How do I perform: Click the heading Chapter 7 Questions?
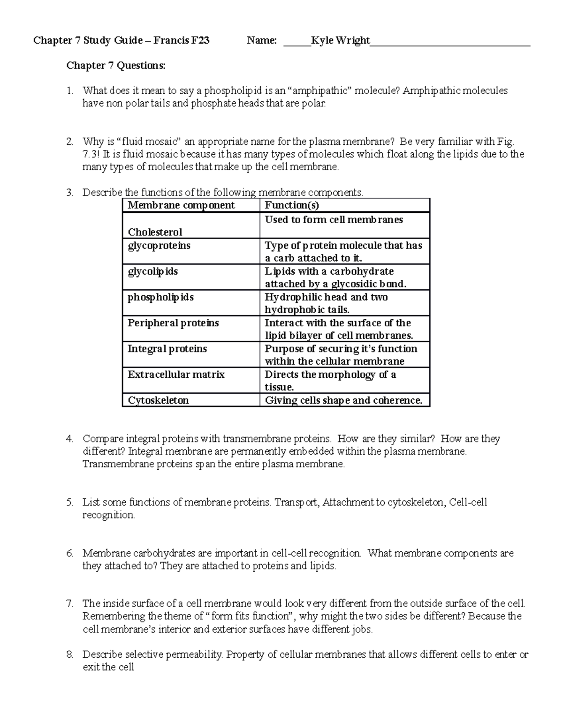click(116, 66)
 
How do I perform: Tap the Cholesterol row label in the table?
click(155, 232)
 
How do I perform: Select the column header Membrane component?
click(181, 205)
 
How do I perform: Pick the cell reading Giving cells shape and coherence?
click(343, 400)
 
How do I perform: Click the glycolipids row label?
click(152, 271)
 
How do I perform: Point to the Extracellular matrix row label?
click(176, 375)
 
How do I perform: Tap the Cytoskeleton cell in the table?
click(158, 400)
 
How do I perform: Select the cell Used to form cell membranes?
click(334, 220)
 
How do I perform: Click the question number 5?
click(69, 503)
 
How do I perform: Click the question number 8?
click(69, 654)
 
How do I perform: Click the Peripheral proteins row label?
click(173, 323)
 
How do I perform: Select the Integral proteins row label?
click(167, 349)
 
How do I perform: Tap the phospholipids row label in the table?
click(160, 297)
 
